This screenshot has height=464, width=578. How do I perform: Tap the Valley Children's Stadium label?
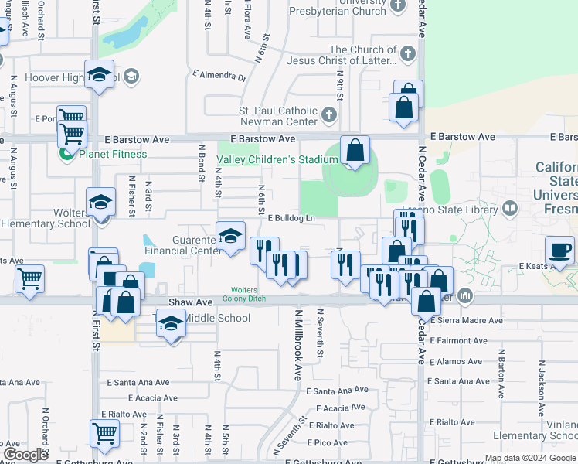click(277, 159)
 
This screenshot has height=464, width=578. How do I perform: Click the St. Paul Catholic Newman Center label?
click(277, 116)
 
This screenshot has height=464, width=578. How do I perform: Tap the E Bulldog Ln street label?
click(291, 219)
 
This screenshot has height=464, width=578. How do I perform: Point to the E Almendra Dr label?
click(219, 77)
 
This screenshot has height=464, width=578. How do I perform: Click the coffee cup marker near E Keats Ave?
click(560, 250)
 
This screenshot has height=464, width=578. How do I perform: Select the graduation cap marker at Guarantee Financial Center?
click(229, 236)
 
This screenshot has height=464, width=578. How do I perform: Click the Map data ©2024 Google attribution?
click(529, 458)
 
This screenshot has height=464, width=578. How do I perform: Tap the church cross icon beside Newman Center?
click(329, 116)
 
